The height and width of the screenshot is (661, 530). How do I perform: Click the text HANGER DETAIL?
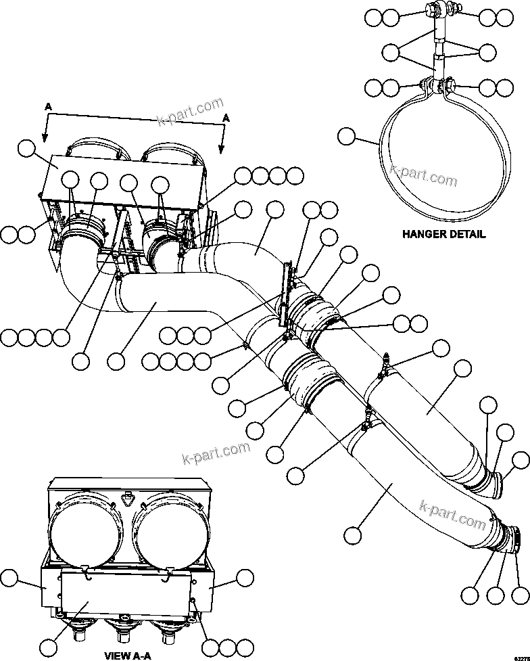(x=443, y=235)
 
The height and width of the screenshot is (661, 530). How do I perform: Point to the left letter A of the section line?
(x=47, y=106)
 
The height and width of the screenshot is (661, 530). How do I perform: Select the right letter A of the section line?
(x=226, y=118)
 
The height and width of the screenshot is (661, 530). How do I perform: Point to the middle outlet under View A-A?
(x=124, y=633)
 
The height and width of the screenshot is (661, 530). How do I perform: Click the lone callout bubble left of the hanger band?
(x=346, y=137)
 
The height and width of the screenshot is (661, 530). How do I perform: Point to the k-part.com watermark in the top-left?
(x=190, y=112)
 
